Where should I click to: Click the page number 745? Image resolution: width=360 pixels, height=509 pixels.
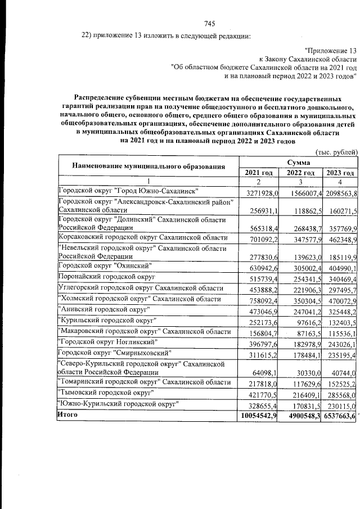(x=210, y=24)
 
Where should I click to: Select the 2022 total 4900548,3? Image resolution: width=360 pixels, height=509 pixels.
(x=299, y=431)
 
